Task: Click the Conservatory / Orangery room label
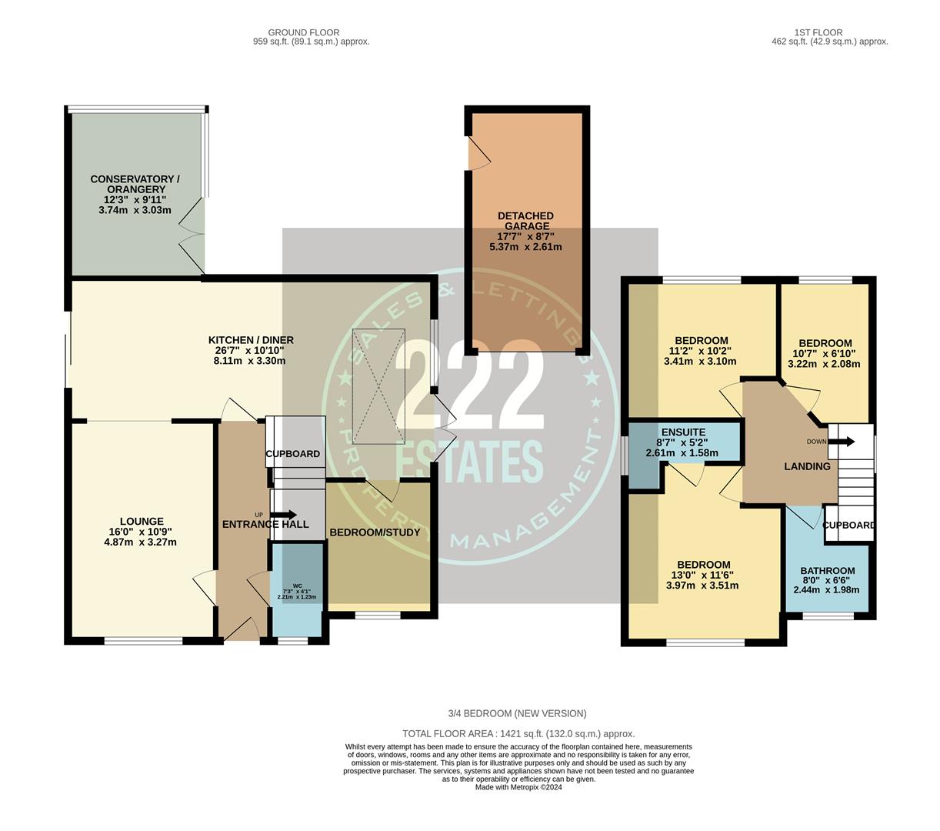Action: [135, 184]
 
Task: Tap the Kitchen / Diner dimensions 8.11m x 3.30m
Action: [251, 361]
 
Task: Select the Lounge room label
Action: [142, 522]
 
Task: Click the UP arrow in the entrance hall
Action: [282, 515]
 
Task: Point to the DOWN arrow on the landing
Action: [844, 442]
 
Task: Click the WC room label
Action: [296, 586]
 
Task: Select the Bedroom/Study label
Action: [375, 532]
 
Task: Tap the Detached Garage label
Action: [525, 221]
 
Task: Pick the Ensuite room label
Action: [681, 432]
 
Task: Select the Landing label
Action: [807, 466]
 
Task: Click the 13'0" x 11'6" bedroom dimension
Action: [702, 575]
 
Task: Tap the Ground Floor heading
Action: [303, 32]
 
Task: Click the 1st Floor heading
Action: [818, 32]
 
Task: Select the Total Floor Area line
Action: [518, 734]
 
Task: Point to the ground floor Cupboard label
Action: [293, 454]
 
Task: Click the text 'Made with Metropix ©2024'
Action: [518, 787]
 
